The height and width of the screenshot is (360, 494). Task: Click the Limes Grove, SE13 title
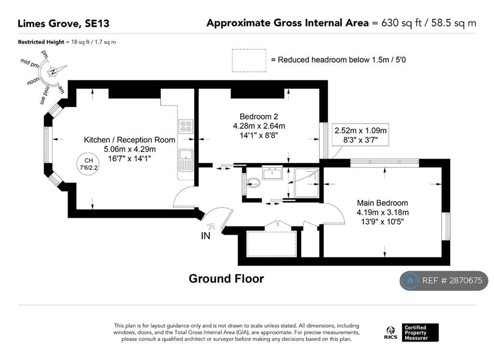[x=63, y=24]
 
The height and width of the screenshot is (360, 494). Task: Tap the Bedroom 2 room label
[x=259, y=117]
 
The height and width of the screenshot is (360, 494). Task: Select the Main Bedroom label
[x=382, y=203]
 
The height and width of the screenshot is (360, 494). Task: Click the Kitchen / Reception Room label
[x=129, y=140]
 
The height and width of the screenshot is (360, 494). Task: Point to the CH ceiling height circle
[x=88, y=164]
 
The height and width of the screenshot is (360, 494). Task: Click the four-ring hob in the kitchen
[x=186, y=126]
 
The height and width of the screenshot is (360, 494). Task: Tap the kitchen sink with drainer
[x=186, y=160]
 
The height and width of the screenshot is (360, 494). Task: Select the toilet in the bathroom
[x=253, y=182]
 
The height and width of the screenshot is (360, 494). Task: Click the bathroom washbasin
[x=272, y=173]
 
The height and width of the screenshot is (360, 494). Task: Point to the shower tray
[x=306, y=182]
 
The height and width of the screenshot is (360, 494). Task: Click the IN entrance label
[x=206, y=235]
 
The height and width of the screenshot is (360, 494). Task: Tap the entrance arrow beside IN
[x=211, y=226]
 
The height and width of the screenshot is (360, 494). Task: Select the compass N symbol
[x=53, y=72]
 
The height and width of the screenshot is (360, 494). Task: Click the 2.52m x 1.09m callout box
[x=360, y=135]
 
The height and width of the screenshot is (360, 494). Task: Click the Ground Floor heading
[x=226, y=278]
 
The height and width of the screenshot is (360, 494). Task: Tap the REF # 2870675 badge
[x=444, y=280]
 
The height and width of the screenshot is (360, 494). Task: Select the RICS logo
[x=391, y=333]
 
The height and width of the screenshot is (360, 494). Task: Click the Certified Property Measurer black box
[x=420, y=332]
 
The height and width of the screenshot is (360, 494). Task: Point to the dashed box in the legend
[x=249, y=60]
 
